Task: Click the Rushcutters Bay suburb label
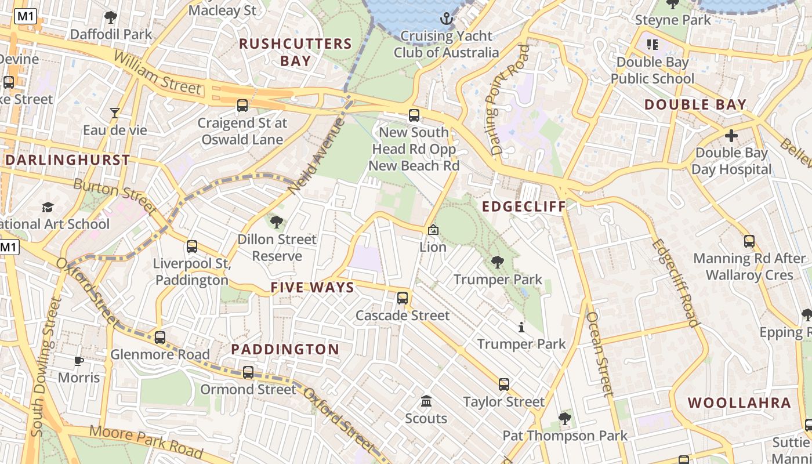(x=295, y=52)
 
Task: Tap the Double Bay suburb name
(x=695, y=105)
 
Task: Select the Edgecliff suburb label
(x=524, y=207)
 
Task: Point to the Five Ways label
(x=312, y=288)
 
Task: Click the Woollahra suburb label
(x=739, y=403)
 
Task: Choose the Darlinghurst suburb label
(x=67, y=160)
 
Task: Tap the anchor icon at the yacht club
(x=446, y=19)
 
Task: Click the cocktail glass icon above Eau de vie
(x=115, y=113)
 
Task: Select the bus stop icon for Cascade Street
(x=402, y=298)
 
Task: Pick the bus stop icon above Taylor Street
(x=503, y=384)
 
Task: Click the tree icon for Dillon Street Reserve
(x=277, y=222)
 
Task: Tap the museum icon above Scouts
(x=426, y=401)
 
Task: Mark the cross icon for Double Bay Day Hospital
(x=731, y=136)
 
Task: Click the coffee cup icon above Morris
(x=79, y=361)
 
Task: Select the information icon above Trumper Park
(x=521, y=328)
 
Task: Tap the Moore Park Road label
(x=146, y=441)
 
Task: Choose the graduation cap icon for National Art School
(x=48, y=207)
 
